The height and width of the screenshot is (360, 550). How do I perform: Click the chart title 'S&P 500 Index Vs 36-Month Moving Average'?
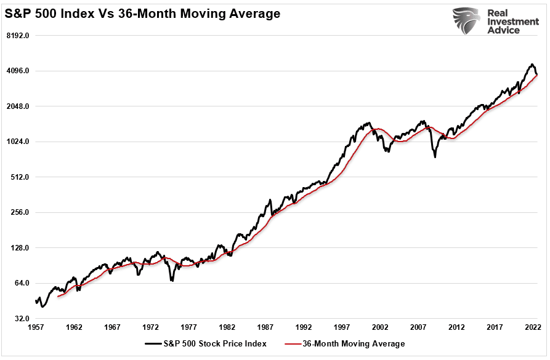click(x=143, y=13)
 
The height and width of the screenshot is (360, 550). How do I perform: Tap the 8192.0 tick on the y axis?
click(x=18, y=36)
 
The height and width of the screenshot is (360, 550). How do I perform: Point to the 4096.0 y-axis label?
click(x=18, y=71)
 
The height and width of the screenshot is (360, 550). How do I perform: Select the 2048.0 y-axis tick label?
click(x=18, y=106)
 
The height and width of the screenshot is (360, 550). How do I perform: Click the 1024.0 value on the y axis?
click(x=18, y=142)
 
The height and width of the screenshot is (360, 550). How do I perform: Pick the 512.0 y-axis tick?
click(x=20, y=177)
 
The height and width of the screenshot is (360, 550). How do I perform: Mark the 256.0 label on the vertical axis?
click(x=20, y=212)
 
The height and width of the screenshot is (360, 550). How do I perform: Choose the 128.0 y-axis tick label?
click(x=20, y=248)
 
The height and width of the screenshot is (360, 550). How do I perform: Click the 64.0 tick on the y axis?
click(x=22, y=283)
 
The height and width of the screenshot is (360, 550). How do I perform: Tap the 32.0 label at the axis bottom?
click(x=22, y=319)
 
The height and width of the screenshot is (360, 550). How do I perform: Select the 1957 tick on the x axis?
click(x=36, y=328)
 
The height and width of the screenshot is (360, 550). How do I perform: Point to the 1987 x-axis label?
click(x=265, y=328)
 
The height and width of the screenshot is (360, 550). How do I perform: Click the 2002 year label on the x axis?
click(x=380, y=328)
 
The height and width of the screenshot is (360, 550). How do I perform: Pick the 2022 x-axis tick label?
click(x=533, y=328)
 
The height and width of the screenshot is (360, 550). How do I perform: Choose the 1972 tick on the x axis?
click(x=151, y=328)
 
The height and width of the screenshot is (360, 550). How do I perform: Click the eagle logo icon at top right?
click(x=466, y=21)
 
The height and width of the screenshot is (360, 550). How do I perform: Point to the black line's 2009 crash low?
click(x=435, y=157)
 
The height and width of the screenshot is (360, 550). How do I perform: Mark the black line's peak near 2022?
click(x=531, y=65)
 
